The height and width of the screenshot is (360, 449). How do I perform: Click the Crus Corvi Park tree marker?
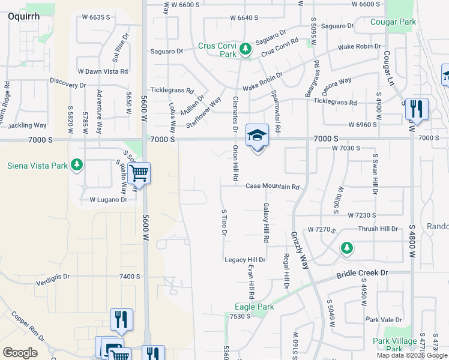click(245, 49)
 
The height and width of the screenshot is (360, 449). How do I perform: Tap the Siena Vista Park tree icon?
click(76, 164)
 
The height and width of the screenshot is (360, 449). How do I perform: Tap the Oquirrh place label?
click(24, 17)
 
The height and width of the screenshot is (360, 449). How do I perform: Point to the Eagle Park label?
click(254, 307)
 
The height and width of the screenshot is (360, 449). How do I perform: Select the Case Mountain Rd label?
click(272, 187)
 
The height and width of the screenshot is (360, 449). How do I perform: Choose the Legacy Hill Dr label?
click(245, 260)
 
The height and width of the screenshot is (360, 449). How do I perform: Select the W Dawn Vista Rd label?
click(103, 71)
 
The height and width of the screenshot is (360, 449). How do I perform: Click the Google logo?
click(20, 353)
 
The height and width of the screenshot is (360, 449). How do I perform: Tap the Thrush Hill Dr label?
click(378, 229)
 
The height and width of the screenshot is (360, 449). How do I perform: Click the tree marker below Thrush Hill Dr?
click(346, 248)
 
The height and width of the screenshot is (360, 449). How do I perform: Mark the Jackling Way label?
click(27, 125)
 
